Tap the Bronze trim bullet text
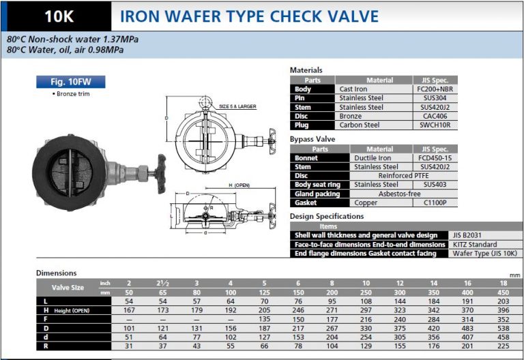coord(70,93)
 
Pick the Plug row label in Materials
coord(302,125)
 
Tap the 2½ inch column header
coord(161,282)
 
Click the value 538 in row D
coord(504,327)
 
